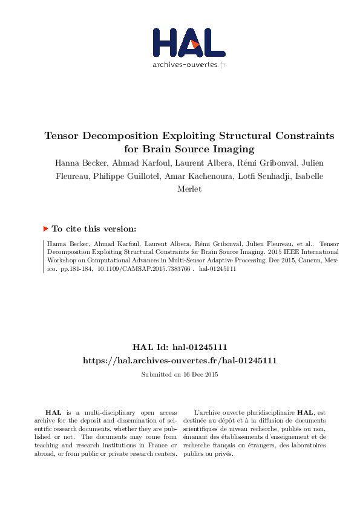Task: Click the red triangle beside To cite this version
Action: pos(46,229)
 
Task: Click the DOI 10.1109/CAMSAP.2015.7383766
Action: pos(143,269)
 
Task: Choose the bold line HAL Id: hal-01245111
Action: pos(180,348)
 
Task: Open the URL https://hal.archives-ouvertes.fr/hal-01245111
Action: pos(180,360)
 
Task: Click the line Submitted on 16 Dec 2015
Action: pos(180,375)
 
